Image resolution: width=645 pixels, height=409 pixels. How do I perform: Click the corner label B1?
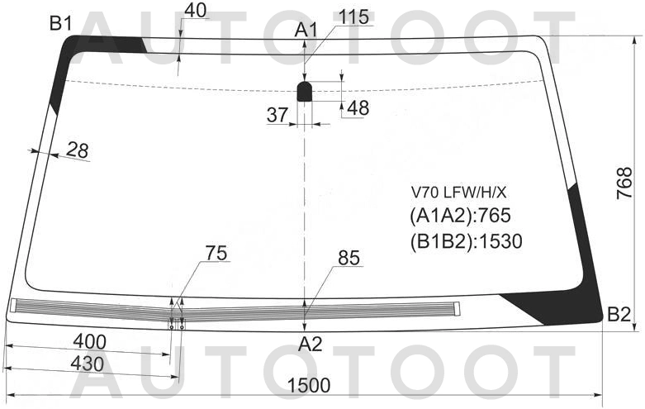(x=60, y=24)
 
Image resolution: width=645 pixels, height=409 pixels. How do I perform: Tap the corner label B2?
(x=619, y=315)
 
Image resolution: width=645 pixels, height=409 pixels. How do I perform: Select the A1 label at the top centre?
(x=306, y=30)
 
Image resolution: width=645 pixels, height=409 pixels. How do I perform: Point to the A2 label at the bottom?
(x=311, y=344)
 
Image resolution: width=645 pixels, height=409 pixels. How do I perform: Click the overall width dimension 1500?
(x=309, y=386)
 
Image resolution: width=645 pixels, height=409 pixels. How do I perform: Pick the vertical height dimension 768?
(x=624, y=183)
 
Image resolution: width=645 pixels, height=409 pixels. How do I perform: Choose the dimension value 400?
(x=89, y=342)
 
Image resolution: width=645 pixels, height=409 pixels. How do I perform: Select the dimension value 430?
(x=88, y=364)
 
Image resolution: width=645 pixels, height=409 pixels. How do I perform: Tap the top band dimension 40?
(x=195, y=11)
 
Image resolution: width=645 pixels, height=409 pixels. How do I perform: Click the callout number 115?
(x=353, y=17)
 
